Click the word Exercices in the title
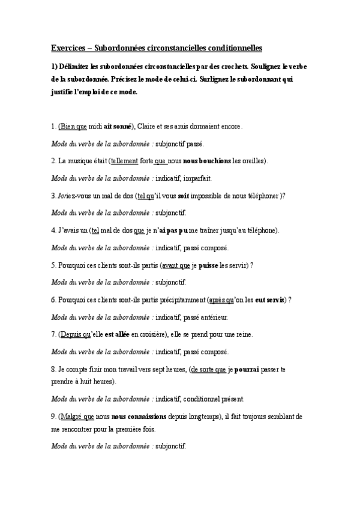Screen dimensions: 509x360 click(66, 47)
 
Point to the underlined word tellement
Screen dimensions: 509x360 click(124, 161)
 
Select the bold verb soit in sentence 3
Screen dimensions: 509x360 click(184, 196)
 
